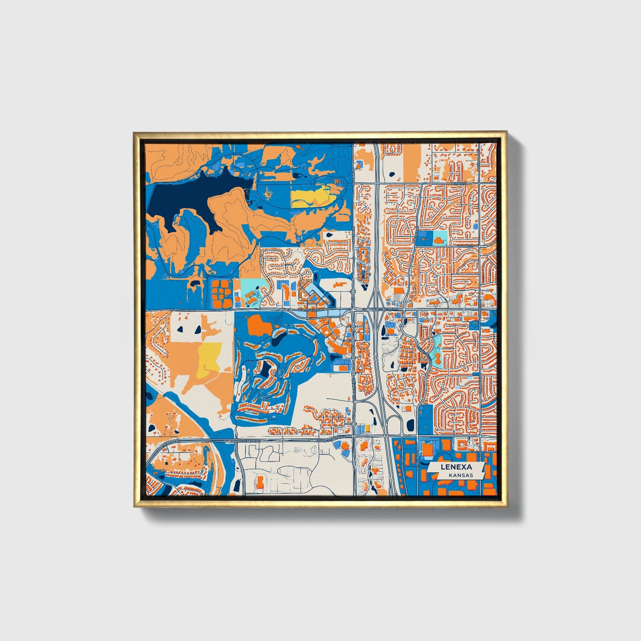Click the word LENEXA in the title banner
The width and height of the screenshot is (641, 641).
pos(456,467)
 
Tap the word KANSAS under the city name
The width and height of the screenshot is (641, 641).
pos(460,475)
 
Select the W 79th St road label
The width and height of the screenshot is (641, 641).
pos(459,183)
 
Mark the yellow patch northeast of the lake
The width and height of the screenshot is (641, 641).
pos(311,196)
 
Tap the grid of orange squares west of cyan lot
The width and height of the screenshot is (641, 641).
pos(221,293)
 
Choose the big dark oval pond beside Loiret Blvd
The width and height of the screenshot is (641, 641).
pos(409,425)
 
